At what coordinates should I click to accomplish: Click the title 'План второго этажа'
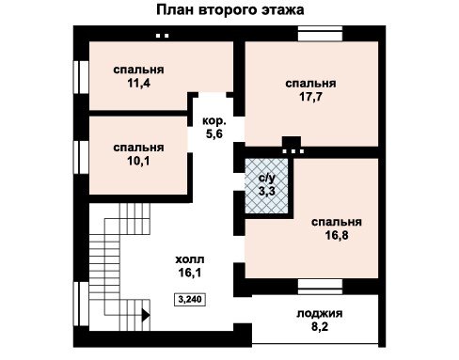tap(230, 10)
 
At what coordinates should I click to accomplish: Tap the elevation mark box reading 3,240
tap(190, 299)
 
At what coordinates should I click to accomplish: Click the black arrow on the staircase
tap(146, 315)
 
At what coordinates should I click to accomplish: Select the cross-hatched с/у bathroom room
tap(266, 186)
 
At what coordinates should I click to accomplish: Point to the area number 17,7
tap(310, 97)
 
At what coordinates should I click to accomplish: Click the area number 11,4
tap(138, 83)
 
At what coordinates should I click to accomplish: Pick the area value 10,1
tap(138, 161)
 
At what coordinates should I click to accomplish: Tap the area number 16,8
tap(337, 235)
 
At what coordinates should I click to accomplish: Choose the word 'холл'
tap(190, 259)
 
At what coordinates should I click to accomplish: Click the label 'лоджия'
tap(320, 314)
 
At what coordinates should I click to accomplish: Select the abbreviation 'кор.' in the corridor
tap(214, 121)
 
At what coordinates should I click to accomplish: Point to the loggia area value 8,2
tap(320, 327)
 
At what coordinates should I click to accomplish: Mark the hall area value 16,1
tap(190, 273)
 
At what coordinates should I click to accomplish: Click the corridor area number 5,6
tap(214, 133)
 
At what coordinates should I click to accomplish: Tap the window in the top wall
tap(320, 34)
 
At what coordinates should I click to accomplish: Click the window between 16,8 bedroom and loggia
tap(320, 287)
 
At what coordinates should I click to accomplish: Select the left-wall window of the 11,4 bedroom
tap(81, 77)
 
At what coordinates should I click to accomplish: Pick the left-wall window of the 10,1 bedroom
tap(81, 157)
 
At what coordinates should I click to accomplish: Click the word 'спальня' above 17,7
tap(310, 84)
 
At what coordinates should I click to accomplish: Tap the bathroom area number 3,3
tap(266, 191)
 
